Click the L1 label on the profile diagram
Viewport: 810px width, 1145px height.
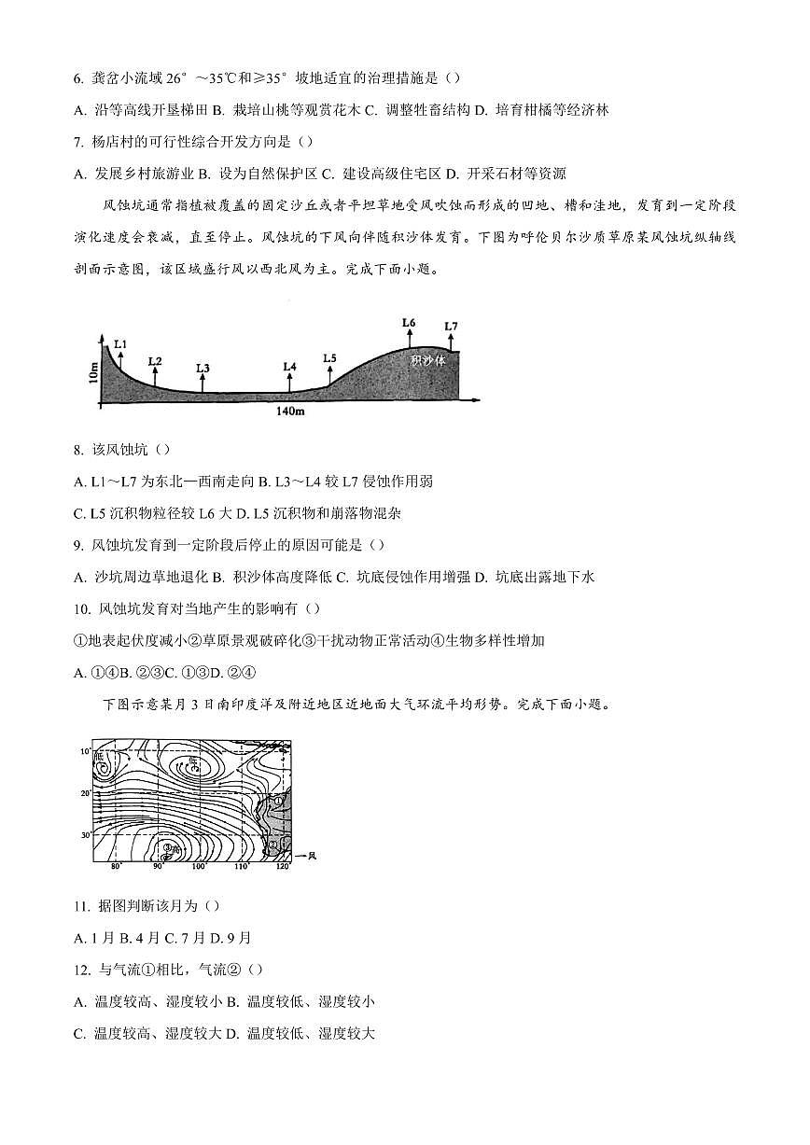click(119, 344)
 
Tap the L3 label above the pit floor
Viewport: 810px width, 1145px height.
click(202, 368)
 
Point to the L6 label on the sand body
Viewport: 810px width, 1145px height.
click(409, 322)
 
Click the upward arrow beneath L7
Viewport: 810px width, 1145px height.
click(451, 342)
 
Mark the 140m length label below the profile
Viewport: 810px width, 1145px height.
click(290, 411)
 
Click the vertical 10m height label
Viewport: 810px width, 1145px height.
click(91, 373)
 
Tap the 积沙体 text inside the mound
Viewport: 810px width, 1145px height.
click(428, 358)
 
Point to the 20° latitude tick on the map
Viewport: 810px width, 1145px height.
click(86, 793)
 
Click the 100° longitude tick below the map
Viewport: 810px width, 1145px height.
click(198, 867)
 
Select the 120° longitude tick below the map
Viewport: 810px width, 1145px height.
click(282, 867)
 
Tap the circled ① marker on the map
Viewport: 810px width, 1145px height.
click(277, 801)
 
